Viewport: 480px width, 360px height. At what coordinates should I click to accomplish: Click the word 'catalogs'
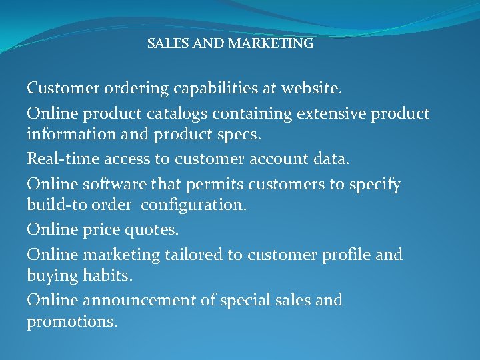point(191,114)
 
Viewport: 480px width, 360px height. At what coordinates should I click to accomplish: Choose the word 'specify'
point(373,185)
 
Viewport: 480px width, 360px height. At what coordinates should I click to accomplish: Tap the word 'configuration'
point(193,205)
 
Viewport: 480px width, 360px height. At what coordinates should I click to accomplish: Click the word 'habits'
point(109,275)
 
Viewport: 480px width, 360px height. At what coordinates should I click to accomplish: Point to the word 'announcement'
point(139,301)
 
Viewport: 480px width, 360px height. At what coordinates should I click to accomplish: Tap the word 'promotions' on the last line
point(71,321)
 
